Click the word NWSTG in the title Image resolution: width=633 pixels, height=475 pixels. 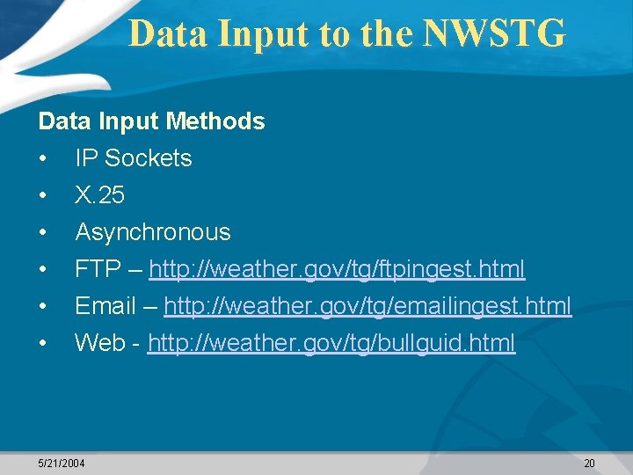click(494, 34)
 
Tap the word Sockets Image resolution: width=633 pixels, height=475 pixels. click(148, 158)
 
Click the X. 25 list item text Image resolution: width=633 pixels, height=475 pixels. click(99, 194)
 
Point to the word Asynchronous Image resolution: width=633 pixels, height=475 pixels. click(153, 232)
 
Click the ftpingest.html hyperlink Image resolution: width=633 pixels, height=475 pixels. click(337, 269)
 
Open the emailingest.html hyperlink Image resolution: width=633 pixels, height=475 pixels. click(367, 306)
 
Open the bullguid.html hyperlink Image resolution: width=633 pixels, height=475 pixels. click(331, 343)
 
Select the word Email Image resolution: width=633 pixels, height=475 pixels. click(105, 306)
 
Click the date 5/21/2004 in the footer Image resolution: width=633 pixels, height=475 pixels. click(62, 463)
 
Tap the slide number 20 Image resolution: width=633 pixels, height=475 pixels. click(589, 463)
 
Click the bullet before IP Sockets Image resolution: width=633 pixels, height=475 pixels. click(42, 159)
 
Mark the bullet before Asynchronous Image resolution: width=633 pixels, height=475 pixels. click(42, 233)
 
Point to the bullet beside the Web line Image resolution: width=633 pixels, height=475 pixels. click(42, 344)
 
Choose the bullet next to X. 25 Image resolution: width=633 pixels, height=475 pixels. click(42, 195)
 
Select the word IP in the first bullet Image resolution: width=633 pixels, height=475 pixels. click(86, 158)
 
